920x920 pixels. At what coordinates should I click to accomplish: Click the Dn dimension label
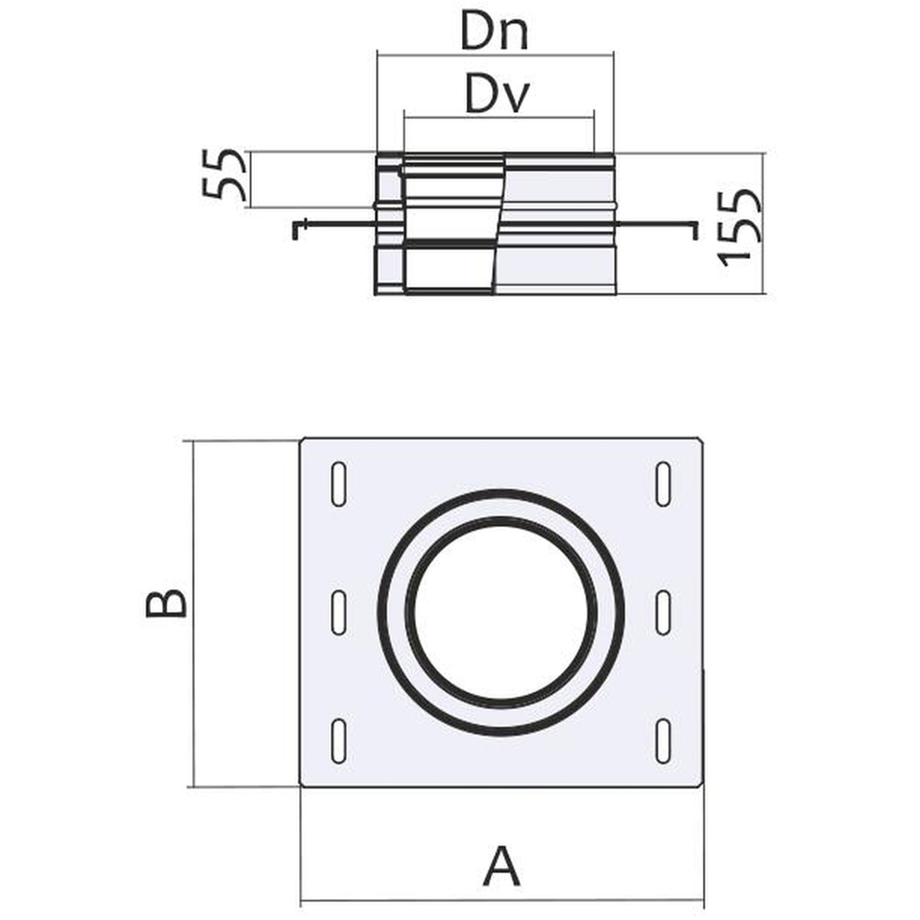coord(495,34)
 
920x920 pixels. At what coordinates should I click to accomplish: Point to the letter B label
coord(167,604)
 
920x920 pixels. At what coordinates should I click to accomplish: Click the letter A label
coord(500,868)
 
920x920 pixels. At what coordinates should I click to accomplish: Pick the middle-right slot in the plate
coord(662,612)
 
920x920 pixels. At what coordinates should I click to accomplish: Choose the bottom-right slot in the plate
coord(662,741)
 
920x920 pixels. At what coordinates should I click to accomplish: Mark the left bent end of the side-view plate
coord(295,229)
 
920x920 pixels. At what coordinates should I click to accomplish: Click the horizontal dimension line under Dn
coord(495,55)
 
